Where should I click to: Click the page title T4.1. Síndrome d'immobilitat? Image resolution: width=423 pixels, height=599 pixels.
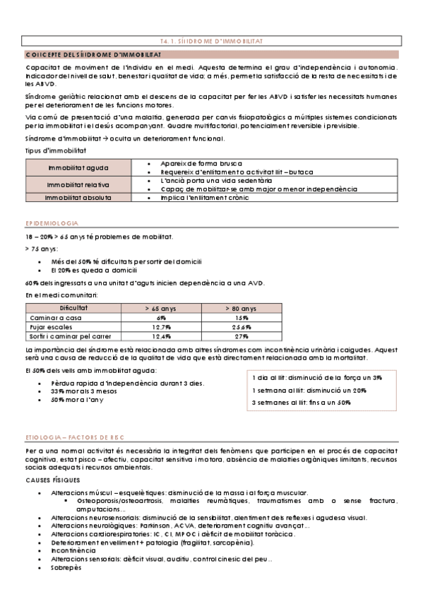(211, 42)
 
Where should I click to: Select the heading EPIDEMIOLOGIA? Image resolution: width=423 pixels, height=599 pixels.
(52, 223)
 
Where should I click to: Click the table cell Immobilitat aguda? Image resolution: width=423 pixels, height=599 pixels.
(78, 167)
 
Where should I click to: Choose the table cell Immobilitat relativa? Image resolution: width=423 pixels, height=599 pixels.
(78, 184)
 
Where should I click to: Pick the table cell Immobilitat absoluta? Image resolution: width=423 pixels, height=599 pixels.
(78, 198)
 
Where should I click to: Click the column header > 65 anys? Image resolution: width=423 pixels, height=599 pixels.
(162, 309)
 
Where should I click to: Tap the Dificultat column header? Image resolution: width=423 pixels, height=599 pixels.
(73, 308)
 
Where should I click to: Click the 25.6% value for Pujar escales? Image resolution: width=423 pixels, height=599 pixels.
(242, 327)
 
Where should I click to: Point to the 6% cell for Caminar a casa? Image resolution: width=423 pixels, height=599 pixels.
(162, 318)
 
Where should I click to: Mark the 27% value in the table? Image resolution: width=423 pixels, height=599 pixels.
(242, 336)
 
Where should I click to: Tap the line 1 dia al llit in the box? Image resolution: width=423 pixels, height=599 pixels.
(317, 378)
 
